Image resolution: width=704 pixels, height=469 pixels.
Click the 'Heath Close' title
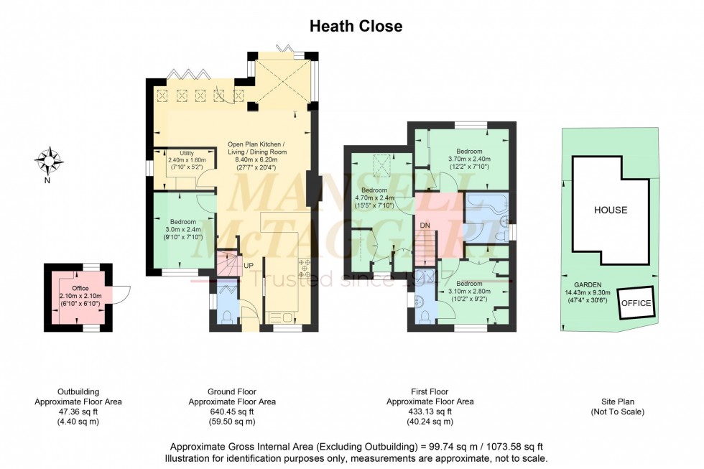click(356, 27)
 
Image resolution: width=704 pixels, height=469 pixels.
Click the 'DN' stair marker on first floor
click(425, 226)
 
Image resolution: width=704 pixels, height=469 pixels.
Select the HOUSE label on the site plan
click(610, 210)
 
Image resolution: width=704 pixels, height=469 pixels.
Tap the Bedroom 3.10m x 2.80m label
click(468, 291)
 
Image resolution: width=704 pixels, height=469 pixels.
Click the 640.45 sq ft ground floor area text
click(231, 412)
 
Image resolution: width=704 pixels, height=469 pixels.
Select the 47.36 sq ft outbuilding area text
click(78, 412)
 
